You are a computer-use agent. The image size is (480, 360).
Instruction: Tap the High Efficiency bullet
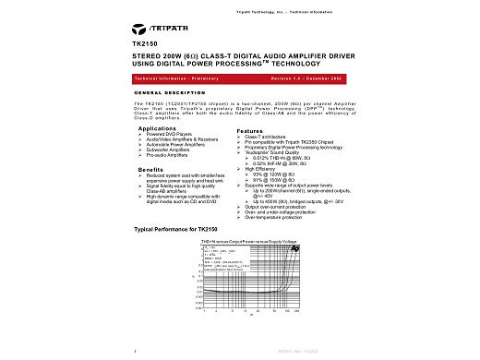pos(267,168)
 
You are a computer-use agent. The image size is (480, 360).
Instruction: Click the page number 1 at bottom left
pos(136,351)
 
